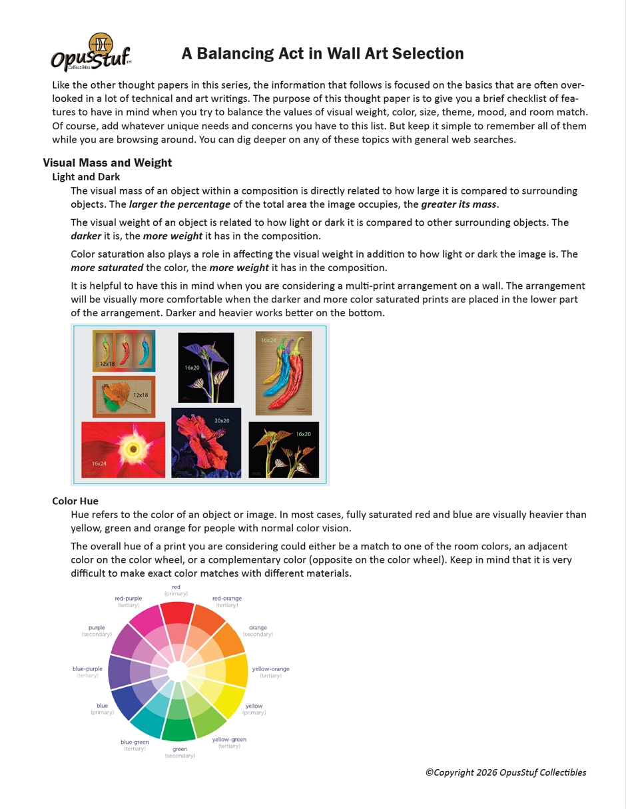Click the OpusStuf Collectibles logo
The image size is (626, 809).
[91, 53]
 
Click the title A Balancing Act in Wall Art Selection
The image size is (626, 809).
[322, 53]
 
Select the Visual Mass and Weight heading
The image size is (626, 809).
[107, 162]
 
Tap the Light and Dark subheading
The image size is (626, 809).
[86, 176]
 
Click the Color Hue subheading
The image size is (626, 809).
[75, 501]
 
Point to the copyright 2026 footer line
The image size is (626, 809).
[505, 772]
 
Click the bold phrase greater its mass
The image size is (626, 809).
[459, 204]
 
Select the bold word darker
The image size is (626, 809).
[86, 236]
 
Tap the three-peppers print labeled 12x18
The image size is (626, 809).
[124, 350]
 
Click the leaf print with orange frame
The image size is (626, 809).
[124, 396]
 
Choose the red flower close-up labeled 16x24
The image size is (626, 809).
[123, 449]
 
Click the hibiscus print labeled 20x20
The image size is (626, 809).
[206, 443]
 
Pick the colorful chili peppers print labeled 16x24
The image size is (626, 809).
[284, 373]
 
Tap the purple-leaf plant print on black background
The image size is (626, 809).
[206, 368]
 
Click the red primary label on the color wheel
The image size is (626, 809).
[176, 590]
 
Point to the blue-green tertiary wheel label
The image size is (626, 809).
[135, 745]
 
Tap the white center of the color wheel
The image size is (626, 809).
[177, 671]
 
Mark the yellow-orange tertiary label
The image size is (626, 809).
[270, 672]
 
